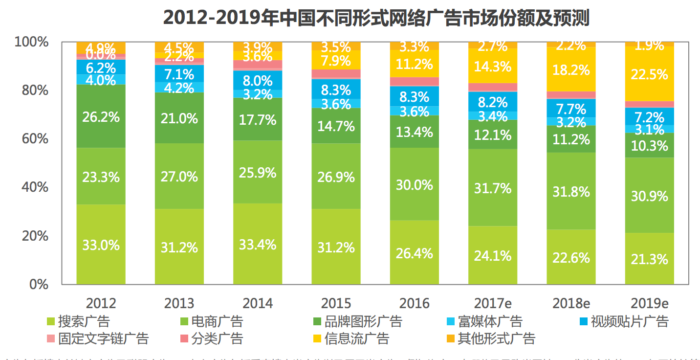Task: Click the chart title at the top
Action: pos(376,18)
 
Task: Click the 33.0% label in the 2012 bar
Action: pos(101,245)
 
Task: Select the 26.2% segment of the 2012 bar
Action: pos(101,116)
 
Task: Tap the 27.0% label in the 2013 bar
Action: pos(179,176)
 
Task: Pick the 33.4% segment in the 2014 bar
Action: pos(258,244)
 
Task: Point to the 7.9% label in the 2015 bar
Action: pos(336,61)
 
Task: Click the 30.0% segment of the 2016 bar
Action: pos(415,185)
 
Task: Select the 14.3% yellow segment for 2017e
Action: pos(493,66)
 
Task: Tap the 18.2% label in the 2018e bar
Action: pos(571,69)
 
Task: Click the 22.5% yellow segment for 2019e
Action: pos(649,74)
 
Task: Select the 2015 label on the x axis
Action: pos(336,303)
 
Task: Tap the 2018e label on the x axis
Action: pos(571,303)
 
